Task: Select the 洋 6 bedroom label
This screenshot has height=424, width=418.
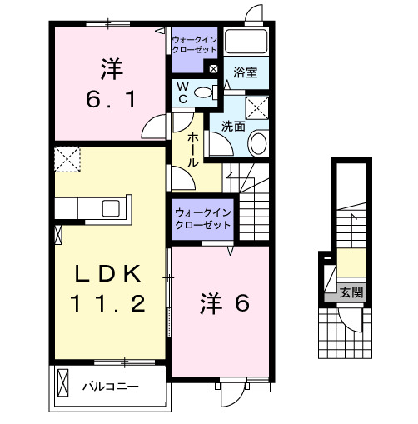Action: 224,304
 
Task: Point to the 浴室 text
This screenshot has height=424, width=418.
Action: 245,73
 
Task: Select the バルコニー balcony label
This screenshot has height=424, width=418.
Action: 110,387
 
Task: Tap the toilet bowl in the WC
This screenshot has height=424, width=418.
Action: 205,92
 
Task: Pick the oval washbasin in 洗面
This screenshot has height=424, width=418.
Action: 257,143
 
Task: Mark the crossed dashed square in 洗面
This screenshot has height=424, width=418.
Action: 258,107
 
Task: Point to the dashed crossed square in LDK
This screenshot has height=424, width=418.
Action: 67,157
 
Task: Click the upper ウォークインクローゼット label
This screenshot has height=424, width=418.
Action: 194,43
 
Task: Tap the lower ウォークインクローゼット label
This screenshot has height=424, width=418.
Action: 202,218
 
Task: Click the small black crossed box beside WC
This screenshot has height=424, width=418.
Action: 214,68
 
